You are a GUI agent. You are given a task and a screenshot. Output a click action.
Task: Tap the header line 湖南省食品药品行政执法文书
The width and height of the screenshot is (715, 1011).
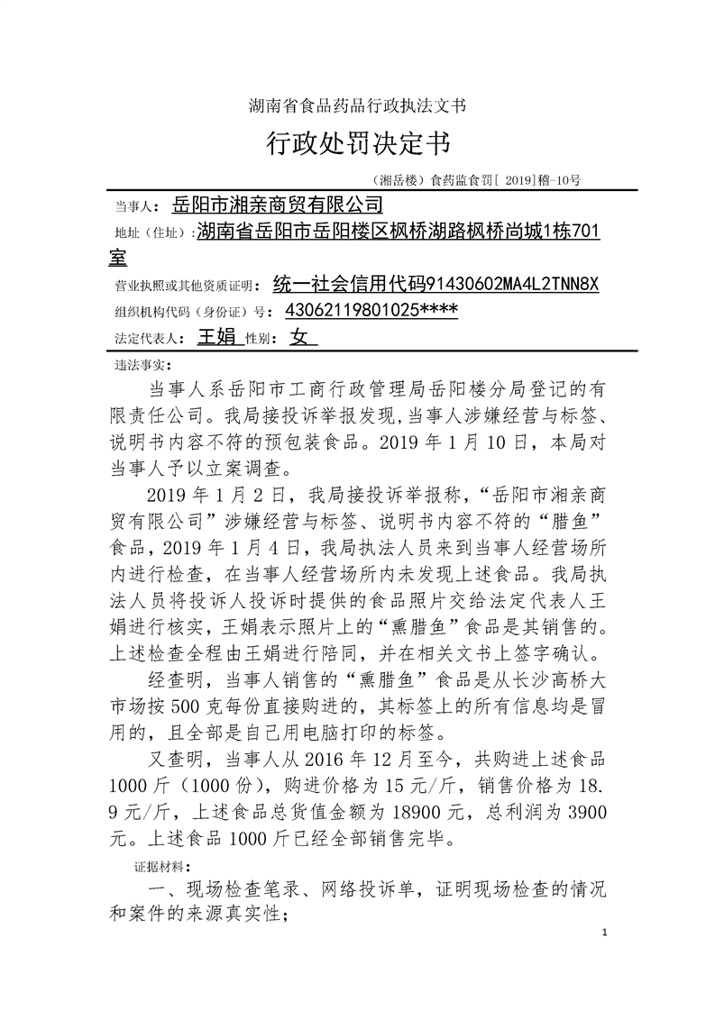pos(357,106)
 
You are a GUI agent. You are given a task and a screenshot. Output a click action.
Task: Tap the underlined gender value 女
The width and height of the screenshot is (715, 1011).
pos(299,338)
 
